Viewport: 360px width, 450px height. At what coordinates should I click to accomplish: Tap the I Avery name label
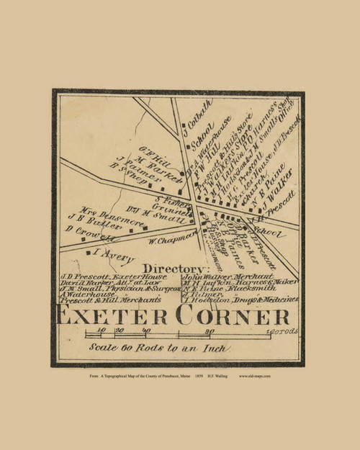point(105,253)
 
